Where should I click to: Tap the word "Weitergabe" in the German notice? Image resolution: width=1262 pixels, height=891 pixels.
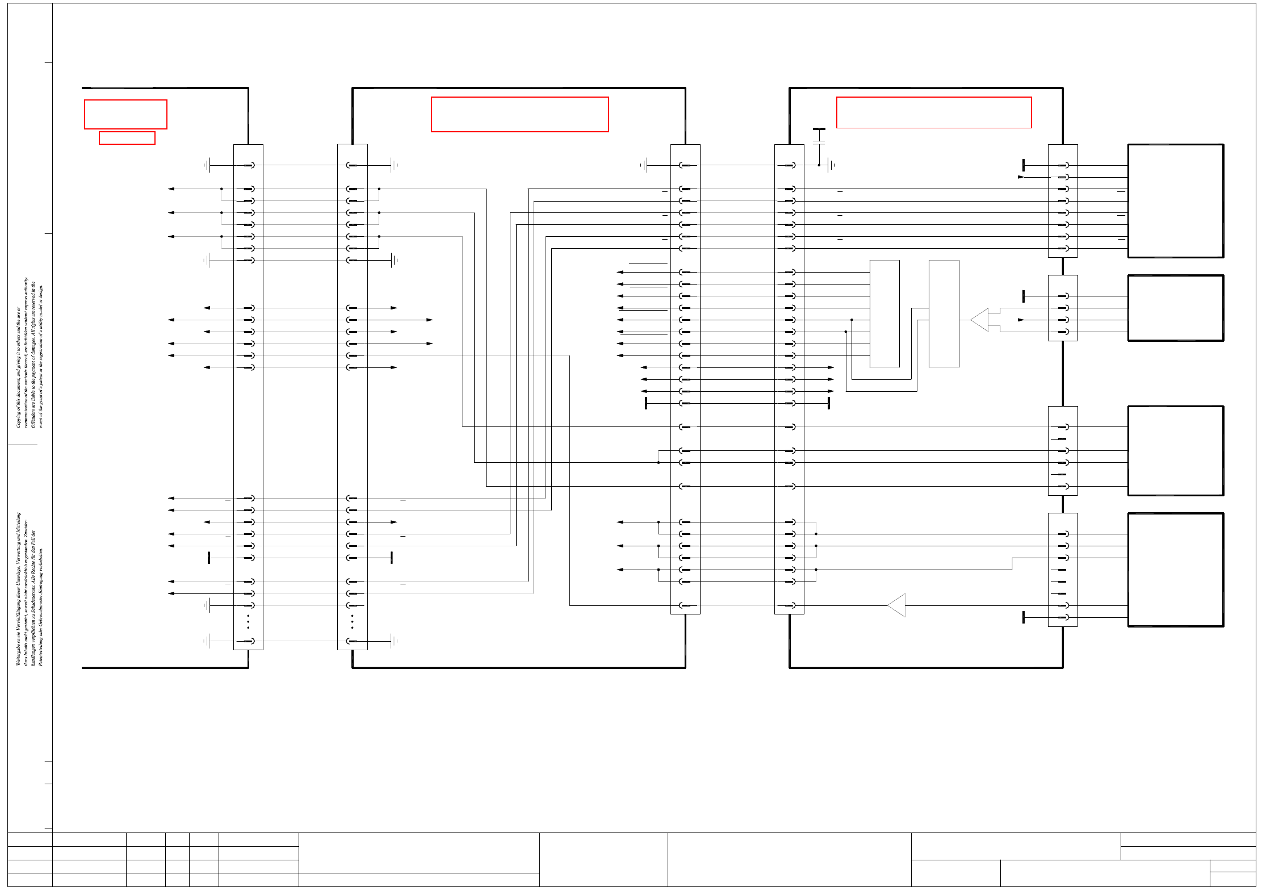coord(18,653)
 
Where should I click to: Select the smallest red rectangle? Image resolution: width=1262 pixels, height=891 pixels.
coord(127,138)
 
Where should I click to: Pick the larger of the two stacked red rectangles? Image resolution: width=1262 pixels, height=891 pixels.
coord(125,114)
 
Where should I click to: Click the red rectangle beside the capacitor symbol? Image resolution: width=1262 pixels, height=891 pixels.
coord(933,112)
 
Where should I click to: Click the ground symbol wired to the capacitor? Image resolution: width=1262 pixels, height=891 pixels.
coord(831,165)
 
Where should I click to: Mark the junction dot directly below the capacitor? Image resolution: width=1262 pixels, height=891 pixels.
coord(819,165)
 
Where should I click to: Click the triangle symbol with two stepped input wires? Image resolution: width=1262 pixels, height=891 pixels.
coord(980,320)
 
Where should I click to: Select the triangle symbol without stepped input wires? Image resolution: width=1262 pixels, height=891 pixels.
coord(897,605)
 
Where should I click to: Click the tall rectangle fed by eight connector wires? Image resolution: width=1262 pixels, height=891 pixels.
coord(884,314)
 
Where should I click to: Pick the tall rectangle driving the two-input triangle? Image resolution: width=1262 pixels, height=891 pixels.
coord(944,314)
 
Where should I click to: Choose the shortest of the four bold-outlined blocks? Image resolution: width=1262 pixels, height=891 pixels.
coord(1175,308)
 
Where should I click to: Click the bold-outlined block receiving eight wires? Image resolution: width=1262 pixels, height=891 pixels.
coord(1175,201)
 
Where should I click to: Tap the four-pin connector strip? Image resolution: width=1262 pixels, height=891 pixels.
coord(1062,308)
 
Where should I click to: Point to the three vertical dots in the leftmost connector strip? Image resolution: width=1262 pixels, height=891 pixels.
coord(248,622)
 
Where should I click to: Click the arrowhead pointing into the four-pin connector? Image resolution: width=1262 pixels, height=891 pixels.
coord(1021,320)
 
